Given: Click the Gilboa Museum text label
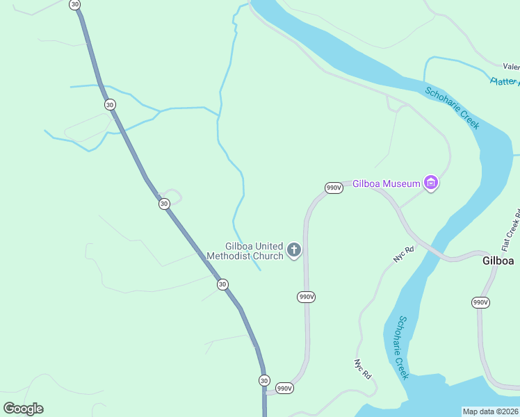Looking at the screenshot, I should coord(387,183).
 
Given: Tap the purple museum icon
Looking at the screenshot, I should coord(432,183).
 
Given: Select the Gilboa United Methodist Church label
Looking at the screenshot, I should coord(254,251).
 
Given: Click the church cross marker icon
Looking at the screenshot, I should coord(294,250).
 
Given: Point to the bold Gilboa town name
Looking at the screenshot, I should coord(498,261).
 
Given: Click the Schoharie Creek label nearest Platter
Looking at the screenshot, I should coord(452,108).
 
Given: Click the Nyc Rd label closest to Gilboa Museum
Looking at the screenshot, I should coord(403,254).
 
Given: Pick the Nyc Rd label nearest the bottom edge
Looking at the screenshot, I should coord(363,368).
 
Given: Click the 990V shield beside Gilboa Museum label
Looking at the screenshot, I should coord(334,188).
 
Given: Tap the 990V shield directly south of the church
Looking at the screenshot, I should coord(307,297).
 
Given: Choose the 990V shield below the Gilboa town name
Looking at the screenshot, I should coord(480,302).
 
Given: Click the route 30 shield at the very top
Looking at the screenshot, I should coord(75,4).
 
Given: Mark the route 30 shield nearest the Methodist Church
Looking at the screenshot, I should coord(222,284).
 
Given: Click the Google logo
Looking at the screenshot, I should coord(23,409).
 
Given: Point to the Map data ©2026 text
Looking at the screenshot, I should coord(490,411).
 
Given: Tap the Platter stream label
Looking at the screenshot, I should coord(504,81).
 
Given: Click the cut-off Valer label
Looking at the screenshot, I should coord(511,67).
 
